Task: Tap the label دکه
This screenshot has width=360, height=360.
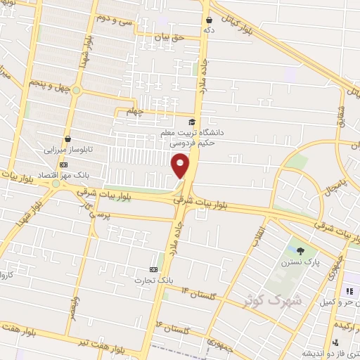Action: point(209,31)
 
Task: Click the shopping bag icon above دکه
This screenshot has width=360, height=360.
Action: point(209,20)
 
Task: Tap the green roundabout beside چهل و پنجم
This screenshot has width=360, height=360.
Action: point(77,90)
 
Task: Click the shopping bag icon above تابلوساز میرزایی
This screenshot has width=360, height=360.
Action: point(67,139)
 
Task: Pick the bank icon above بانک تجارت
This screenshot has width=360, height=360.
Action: point(153,269)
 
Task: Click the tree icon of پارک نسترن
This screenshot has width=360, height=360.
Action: point(300,251)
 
